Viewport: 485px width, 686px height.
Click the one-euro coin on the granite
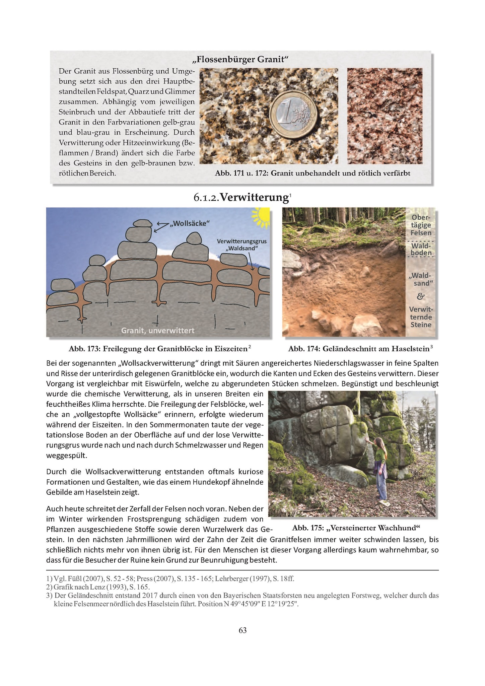click(x=293, y=114)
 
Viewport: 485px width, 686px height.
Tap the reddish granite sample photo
click(x=385, y=116)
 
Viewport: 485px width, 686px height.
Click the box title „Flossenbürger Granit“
click(x=240, y=60)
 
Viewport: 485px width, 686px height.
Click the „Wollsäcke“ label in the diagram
click(x=190, y=223)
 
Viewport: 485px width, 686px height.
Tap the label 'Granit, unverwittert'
click(x=157, y=331)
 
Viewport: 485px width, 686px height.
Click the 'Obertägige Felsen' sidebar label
click(x=421, y=225)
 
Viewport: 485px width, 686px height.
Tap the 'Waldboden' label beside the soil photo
click(x=421, y=249)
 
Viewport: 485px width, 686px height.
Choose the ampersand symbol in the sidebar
click(x=421, y=296)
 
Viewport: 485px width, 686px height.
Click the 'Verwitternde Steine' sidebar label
click(x=421, y=317)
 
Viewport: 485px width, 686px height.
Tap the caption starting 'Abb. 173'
click(x=158, y=349)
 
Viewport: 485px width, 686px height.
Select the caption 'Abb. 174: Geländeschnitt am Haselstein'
click(x=358, y=349)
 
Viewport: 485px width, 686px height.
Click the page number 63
click(x=242, y=630)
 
